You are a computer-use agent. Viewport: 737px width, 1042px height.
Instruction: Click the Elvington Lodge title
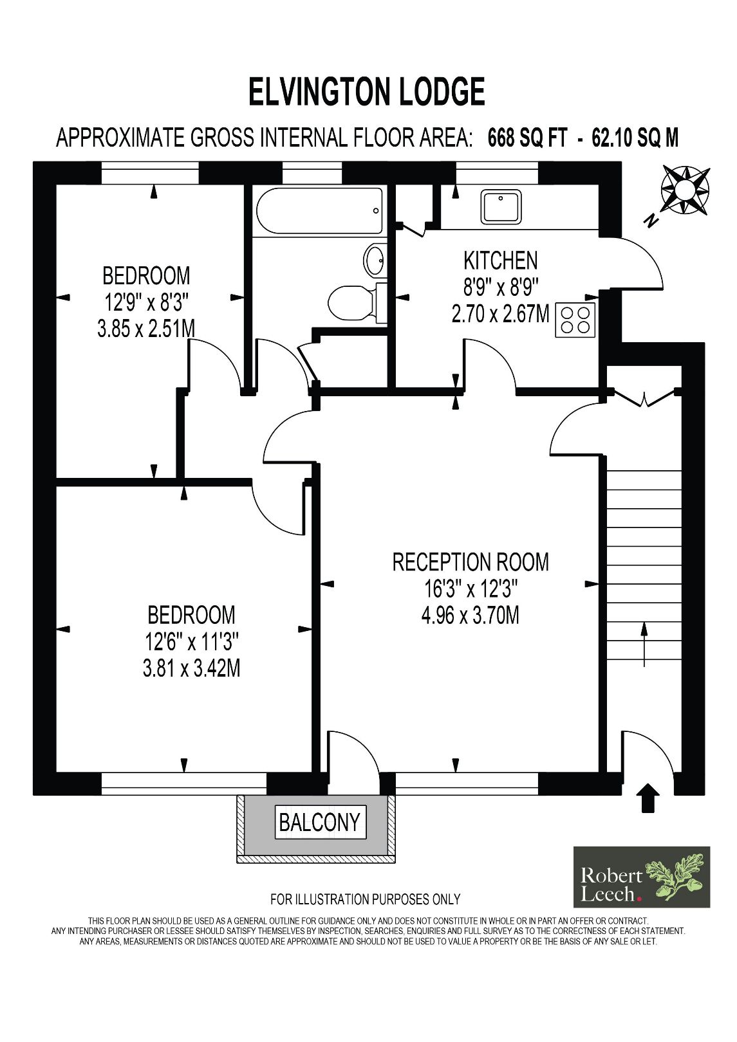367,91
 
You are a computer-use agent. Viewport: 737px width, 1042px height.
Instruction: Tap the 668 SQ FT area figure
527,138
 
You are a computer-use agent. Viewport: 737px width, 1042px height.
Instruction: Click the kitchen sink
501,206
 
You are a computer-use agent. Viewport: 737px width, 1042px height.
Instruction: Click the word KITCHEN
500,260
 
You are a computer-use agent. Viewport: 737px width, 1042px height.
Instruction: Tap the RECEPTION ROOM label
471,562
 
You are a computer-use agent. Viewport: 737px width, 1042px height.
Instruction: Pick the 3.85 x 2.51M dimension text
146,329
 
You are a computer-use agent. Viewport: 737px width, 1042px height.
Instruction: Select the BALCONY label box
320,822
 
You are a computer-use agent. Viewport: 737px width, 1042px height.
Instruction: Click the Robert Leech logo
641,876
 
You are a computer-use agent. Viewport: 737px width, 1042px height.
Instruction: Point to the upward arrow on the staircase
644,643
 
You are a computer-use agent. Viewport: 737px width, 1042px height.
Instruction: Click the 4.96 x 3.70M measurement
470,616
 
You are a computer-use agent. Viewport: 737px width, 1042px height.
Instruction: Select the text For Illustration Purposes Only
366,899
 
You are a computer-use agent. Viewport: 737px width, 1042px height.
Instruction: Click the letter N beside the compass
651,221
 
